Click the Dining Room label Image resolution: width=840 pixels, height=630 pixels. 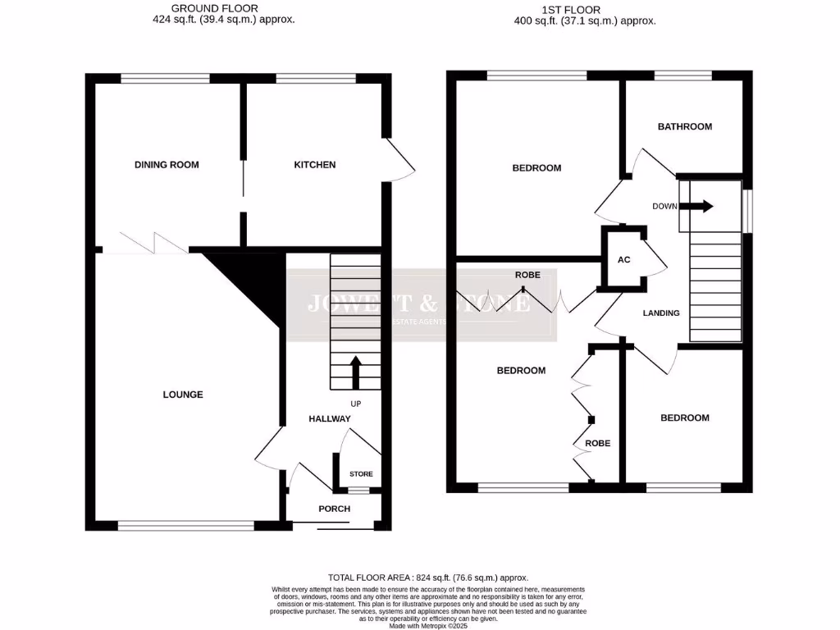point(167,165)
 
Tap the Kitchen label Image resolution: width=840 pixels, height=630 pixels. point(315,165)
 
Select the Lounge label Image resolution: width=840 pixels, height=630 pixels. point(182,395)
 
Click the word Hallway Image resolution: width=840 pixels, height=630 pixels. point(329,419)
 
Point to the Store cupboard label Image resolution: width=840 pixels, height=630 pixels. point(361,474)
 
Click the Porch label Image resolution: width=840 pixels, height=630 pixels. point(334,509)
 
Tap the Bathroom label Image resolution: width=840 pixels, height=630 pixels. point(685,126)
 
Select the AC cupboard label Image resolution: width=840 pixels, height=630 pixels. point(623,260)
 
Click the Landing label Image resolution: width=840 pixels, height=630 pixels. point(660,313)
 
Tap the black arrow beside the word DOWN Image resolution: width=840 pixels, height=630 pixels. point(701,206)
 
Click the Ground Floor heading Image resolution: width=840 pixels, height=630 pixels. point(214,9)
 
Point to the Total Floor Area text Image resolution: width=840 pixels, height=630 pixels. point(428,577)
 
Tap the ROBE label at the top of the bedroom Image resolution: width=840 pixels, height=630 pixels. point(527,275)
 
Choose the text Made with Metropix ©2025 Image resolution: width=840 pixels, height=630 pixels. point(428,625)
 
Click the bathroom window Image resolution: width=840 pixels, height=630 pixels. point(683,75)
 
